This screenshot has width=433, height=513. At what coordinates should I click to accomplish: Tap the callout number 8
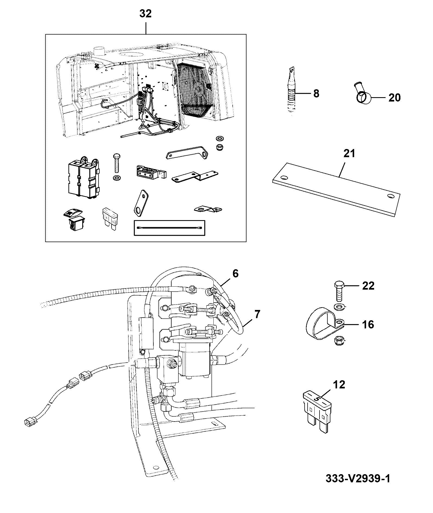[316, 94]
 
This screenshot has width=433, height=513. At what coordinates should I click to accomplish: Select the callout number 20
[394, 98]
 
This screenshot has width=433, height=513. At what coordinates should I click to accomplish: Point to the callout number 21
[349, 154]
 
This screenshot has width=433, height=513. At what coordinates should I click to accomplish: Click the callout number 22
[368, 286]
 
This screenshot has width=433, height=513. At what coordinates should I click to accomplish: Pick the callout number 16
[368, 324]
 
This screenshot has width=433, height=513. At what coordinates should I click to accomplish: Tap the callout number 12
[339, 384]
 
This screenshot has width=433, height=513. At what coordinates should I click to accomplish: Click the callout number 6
[235, 274]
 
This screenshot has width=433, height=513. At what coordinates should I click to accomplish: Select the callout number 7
[257, 314]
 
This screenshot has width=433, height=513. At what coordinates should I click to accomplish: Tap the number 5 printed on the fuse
[316, 399]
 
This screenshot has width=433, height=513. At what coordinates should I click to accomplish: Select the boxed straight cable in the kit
[170, 228]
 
